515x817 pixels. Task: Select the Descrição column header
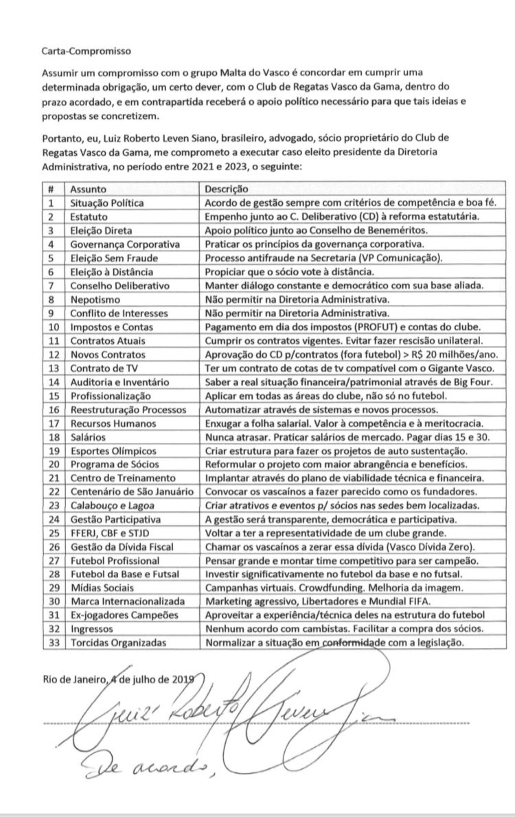click(x=228, y=188)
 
